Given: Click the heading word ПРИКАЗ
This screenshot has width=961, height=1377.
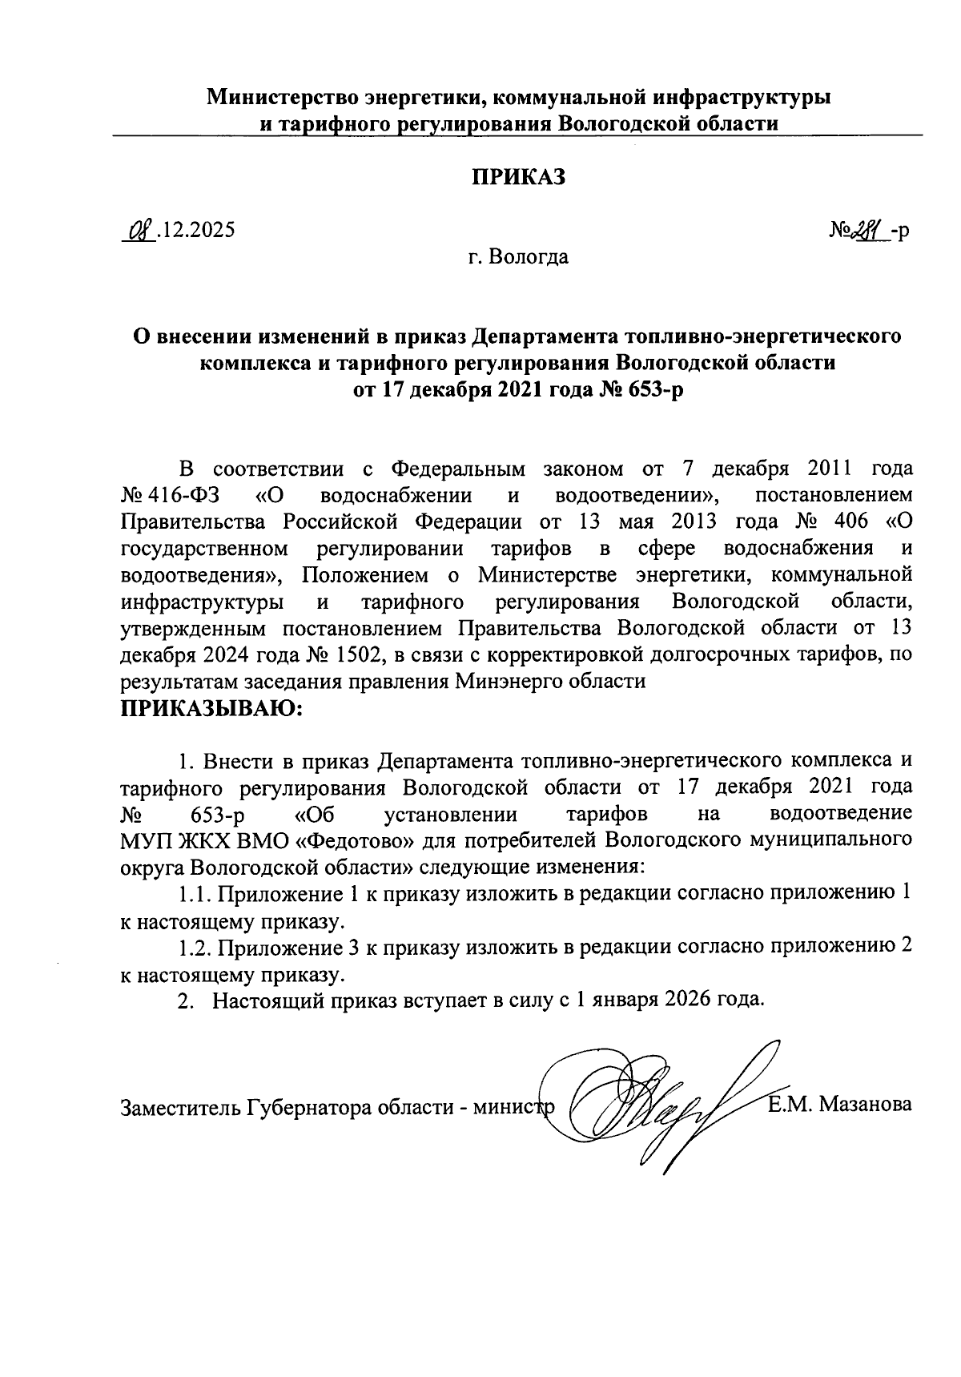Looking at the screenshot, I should (517, 177).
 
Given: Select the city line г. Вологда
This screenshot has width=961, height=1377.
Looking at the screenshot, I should (518, 258).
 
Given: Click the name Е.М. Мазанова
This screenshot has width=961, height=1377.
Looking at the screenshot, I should (839, 1105).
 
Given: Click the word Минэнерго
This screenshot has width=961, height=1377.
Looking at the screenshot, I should (546, 682).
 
